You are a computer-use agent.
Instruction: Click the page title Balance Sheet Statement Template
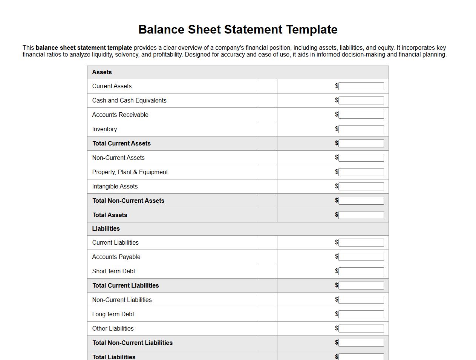[x=238, y=29]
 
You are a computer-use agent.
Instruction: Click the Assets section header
[x=102, y=72]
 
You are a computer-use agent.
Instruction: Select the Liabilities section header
[x=106, y=228]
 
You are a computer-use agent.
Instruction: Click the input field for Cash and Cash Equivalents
[x=361, y=100]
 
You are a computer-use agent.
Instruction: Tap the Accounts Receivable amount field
[x=361, y=115]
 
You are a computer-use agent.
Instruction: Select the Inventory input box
[x=361, y=129]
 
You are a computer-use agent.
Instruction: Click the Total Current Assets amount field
[x=361, y=143]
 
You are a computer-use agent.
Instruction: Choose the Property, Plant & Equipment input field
[x=361, y=172]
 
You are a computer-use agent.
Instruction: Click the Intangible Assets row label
[x=115, y=186]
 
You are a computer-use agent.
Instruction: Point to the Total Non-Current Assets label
[x=129, y=201]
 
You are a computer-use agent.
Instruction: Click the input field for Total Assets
[x=361, y=215]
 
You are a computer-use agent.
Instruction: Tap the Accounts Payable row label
[x=116, y=257]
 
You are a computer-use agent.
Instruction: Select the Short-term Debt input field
[x=361, y=271]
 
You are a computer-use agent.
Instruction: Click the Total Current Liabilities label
[x=126, y=285]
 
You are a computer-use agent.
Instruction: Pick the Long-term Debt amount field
[x=361, y=314]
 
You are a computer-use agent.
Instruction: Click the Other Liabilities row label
[x=113, y=328]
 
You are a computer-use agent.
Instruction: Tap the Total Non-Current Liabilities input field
[x=361, y=343]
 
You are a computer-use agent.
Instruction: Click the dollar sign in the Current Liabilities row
[x=337, y=242]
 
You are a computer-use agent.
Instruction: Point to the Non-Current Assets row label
[x=118, y=158]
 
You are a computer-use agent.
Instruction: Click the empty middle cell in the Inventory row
[x=268, y=129]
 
